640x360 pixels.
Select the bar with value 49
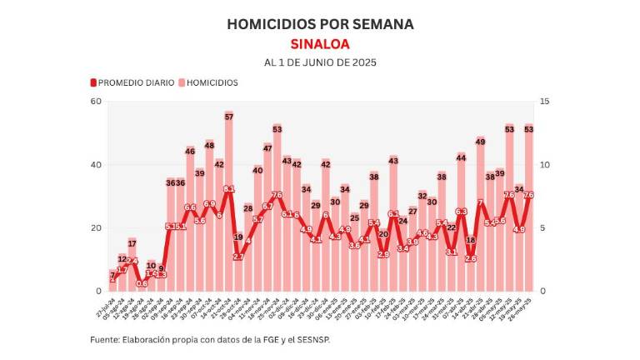tap(481, 217)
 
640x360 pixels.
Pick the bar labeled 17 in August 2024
tap(132, 267)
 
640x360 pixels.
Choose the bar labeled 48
tap(209, 218)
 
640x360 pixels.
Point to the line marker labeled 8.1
tap(228, 189)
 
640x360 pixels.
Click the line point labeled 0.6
tap(142, 283)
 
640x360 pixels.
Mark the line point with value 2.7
tap(238, 257)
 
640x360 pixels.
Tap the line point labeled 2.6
tap(471, 258)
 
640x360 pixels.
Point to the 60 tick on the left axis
tap(96, 102)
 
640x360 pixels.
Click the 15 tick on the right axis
tap(544, 102)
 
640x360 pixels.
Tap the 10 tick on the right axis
tap(544, 165)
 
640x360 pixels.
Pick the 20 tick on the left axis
tap(96, 228)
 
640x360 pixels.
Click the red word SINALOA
tap(320, 44)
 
